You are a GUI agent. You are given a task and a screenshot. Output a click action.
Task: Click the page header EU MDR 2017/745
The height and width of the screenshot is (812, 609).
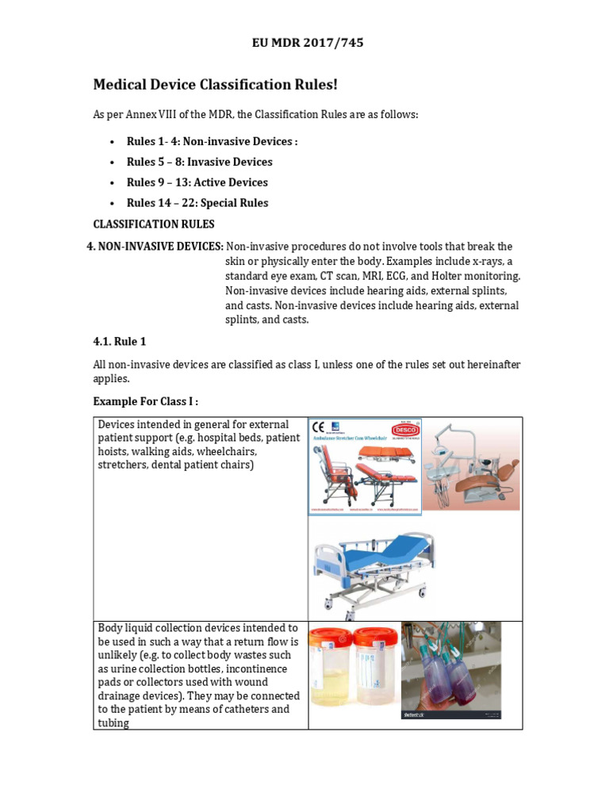click(x=308, y=43)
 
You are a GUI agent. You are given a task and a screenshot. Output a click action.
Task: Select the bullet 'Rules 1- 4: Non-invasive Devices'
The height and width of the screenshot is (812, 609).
click(x=212, y=141)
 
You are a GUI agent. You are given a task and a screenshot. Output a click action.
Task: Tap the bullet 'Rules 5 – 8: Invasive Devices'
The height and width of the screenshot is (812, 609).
click(x=199, y=162)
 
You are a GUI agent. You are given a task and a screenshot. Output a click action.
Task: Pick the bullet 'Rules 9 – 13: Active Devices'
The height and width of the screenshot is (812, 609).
click(x=197, y=182)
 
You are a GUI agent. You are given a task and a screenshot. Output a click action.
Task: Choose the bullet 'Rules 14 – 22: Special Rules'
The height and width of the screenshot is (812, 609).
click(x=197, y=203)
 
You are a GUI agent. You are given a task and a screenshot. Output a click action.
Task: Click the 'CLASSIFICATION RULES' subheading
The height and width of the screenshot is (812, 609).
click(x=154, y=224)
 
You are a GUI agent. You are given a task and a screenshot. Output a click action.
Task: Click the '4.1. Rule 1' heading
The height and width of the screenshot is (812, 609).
click(x=120, y=341)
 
